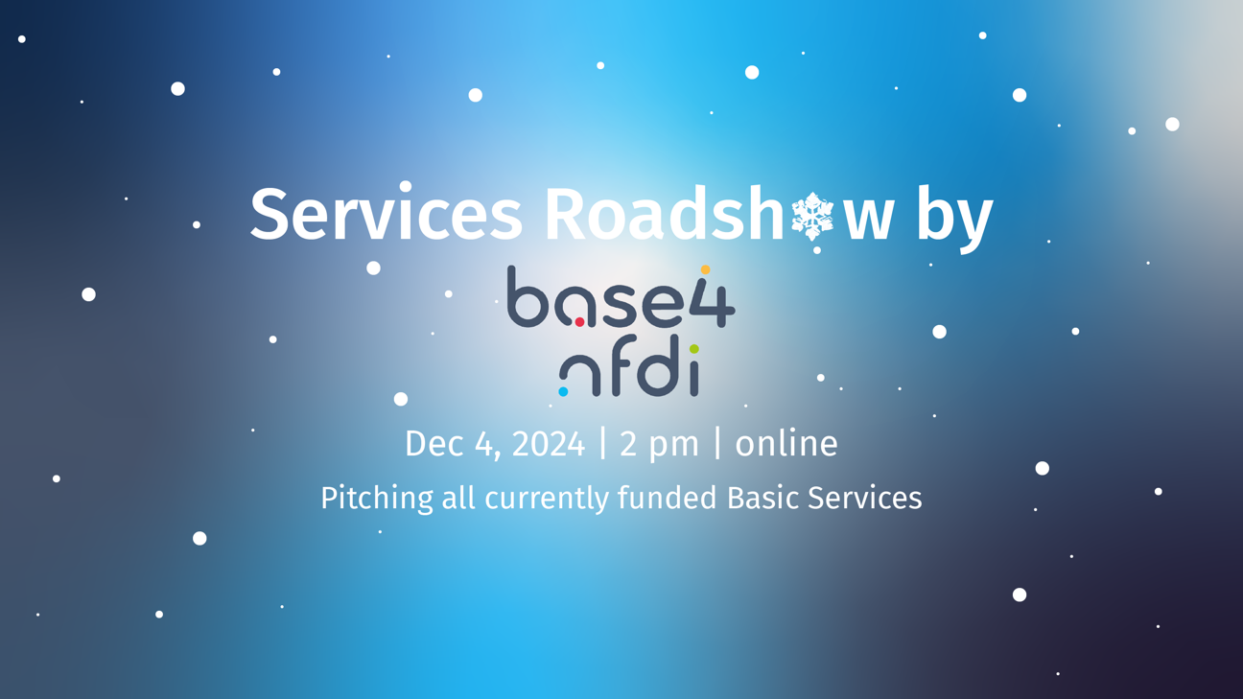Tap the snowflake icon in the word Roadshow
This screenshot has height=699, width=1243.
812,216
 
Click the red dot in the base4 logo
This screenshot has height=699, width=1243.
579,322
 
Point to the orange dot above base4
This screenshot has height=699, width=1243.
705,270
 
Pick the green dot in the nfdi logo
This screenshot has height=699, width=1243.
693,349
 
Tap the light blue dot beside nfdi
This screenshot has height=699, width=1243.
563,391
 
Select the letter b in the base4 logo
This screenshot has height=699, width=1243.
527,297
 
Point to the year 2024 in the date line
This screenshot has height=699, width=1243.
548,444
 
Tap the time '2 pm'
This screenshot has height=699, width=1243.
659,445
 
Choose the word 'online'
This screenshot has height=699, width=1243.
786,444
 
